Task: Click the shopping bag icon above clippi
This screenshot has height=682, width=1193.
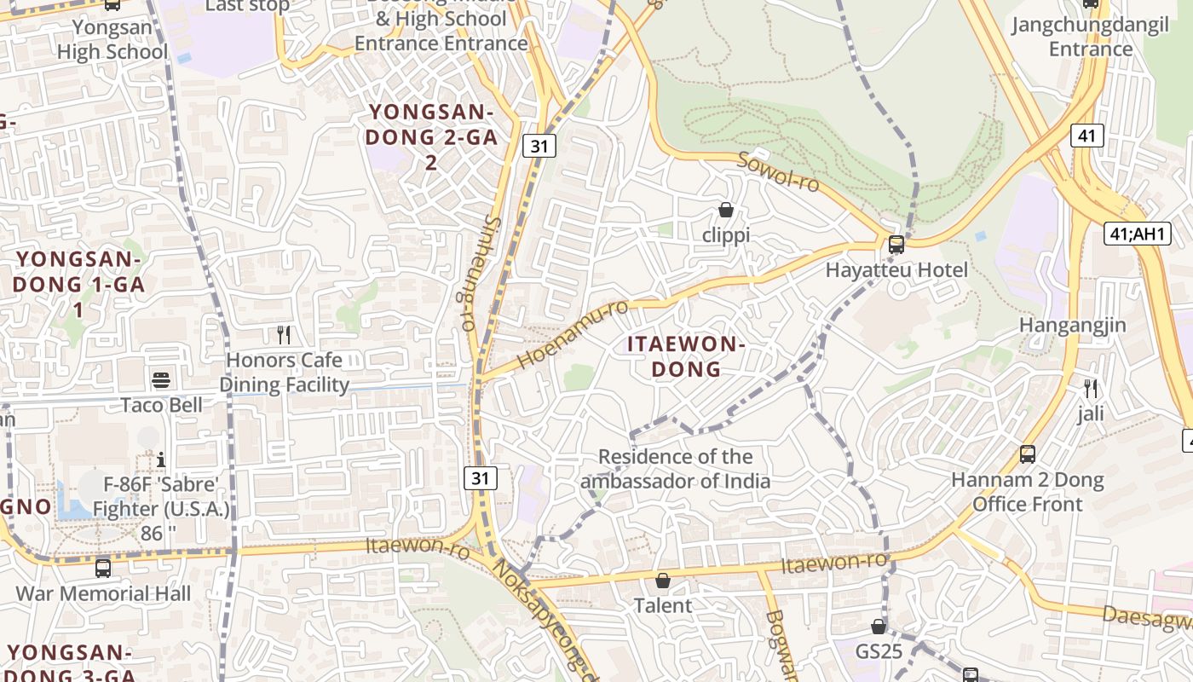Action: pyautogui.click(x=726, y=210)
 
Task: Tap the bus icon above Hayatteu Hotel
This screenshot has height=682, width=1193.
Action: pyautogui.click(x=896, y=245)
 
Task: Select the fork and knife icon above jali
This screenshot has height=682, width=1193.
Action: pyautogui.click(x=1091, y=389)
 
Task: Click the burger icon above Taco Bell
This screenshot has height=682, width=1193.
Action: pyautogui.click(x=161, y=379)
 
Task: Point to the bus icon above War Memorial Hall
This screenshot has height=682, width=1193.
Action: pyautogui.click(x=103, y=568)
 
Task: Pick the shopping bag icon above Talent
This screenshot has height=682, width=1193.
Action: pyautogui.click(x=662, y=581)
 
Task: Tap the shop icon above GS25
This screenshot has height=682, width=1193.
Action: pyautogui.click(x=879, y=627)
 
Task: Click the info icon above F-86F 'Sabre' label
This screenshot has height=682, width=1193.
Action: pyautogui.click(x=161, y=460)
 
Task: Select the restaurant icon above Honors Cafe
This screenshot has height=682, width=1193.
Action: pyautogui.click(x=284, y=335)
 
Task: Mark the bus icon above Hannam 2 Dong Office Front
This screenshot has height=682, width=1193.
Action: pyautogui.click(x=1028, y=454)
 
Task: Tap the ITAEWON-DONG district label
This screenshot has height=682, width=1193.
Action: pyautogui.click(x=686, y=356)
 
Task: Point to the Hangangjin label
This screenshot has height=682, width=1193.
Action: pyautogui.click(x=1072, y=325)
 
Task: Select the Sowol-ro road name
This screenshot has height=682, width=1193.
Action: pyautogui.click(x=777, y=171)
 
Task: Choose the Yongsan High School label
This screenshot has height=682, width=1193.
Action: pyautogui.click(x=112, y=39)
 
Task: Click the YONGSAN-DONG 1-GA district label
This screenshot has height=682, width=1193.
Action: pyautogui.click(x=78, y=284)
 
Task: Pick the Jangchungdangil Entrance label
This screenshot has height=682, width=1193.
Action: pyautogui.click(x=1090, y=37)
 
